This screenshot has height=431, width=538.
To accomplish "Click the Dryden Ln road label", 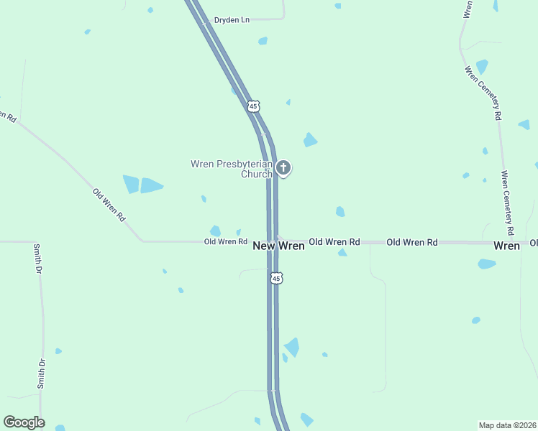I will [x=232, y=20].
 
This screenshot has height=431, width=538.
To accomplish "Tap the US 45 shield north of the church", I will [x=252, y=106].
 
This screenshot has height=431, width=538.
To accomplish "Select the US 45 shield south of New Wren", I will [x=277, y=278].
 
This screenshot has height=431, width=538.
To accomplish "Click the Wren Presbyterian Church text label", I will [x=232, y=169].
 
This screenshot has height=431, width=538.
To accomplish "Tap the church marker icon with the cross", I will [x=283, y=168].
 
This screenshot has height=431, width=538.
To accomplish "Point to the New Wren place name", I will [x=278, y=246].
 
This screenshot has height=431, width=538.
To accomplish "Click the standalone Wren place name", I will [x=506, y=246].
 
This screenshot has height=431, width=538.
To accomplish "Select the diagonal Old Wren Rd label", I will [x=109, y=204].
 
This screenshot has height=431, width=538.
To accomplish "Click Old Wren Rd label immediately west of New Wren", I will [x=226, y=242].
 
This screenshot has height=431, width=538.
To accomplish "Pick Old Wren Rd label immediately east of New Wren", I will [x=334, y=242].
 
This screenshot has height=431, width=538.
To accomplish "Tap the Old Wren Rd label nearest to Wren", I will [x=412, y=242].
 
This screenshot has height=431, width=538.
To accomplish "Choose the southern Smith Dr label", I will [x=42, y=373].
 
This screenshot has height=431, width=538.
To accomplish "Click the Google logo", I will [x=24, y=422].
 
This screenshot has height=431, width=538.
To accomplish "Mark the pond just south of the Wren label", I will [x=487, y=264].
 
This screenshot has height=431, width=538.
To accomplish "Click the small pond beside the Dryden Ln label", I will [x=263, y=41].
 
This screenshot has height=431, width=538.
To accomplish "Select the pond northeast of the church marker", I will [x=310, y=139].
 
